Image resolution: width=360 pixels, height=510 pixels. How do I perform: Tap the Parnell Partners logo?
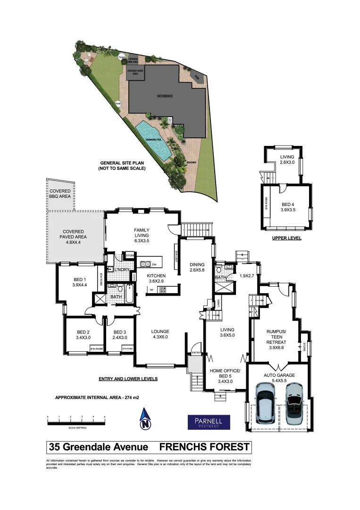pos(209,422)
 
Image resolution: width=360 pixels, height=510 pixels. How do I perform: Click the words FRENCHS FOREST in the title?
pos(204,447)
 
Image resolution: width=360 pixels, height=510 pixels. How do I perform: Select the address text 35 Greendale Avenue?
pos(99,447)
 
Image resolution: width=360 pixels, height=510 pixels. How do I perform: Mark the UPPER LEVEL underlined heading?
pos(286,238)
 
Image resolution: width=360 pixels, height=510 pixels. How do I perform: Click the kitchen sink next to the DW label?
pos(145,263)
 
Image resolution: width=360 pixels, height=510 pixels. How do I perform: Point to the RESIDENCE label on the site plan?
pos(165,96)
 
